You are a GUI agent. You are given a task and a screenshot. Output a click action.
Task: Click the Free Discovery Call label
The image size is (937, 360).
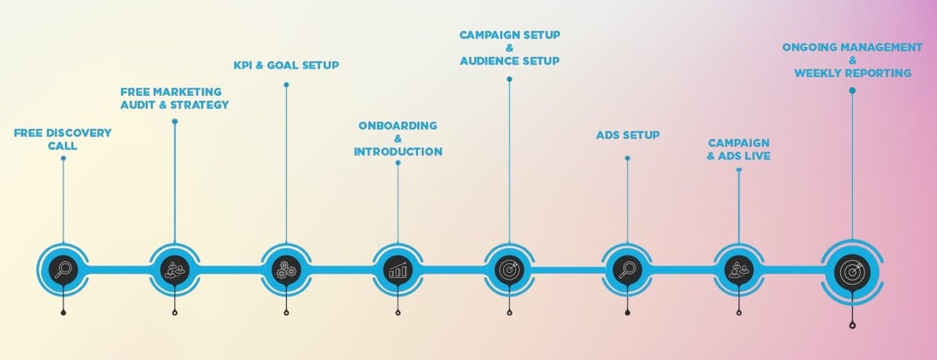[63, 139]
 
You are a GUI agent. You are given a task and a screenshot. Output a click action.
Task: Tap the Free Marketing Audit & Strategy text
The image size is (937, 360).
[174, 98]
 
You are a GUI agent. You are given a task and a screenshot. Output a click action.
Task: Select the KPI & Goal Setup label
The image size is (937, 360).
[285, 65]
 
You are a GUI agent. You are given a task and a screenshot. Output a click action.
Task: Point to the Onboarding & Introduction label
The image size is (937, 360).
[397, 138]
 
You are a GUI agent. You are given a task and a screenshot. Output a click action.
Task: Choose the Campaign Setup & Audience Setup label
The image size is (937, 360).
[509, 48]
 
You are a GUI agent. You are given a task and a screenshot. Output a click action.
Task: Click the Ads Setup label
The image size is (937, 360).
[627, 135]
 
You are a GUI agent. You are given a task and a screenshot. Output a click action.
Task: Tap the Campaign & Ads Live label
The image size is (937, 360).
[739, 149]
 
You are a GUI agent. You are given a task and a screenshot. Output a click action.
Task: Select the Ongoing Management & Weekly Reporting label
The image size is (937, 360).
[852, 60]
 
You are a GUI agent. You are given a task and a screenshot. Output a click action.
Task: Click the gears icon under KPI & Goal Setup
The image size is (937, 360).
[285, 270]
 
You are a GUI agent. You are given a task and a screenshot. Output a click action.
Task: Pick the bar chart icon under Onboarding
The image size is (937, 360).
[397, 270]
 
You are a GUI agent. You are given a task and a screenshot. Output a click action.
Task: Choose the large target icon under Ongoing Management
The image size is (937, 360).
[852, 271]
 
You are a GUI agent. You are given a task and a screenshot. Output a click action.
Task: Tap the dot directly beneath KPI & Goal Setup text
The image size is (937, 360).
[285, 85]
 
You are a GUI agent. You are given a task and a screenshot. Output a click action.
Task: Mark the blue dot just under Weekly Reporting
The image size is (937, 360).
[852, 91]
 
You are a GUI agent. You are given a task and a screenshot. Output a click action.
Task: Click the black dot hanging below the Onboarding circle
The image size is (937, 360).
[397, 313]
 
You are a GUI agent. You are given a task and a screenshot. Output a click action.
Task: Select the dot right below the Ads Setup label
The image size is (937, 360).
[627, 158]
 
